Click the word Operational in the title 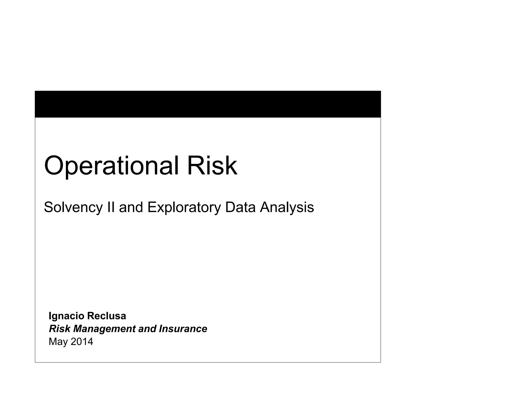111,166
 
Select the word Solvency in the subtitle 73,207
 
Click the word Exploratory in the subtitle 184,207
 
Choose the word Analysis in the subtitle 287,207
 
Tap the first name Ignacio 66,316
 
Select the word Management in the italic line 104,329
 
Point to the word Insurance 183,329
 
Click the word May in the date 58,342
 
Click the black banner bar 208,104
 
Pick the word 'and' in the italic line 147,329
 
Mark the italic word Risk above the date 59,329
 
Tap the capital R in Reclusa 90,316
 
